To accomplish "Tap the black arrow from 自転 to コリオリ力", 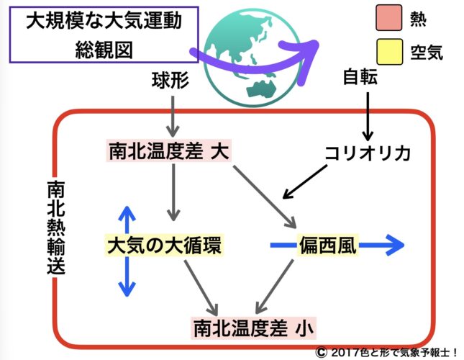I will coord(368,114).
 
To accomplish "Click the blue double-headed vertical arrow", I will coord(127,251).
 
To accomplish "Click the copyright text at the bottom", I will coord(386,351).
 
